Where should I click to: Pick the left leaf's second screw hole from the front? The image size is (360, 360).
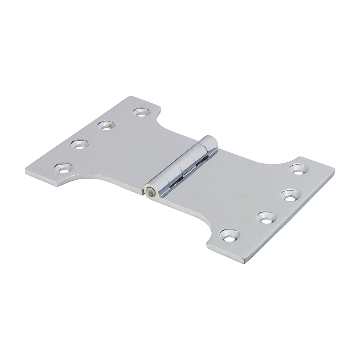click(80, 144)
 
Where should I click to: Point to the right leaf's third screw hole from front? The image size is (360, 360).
click(291, 195)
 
